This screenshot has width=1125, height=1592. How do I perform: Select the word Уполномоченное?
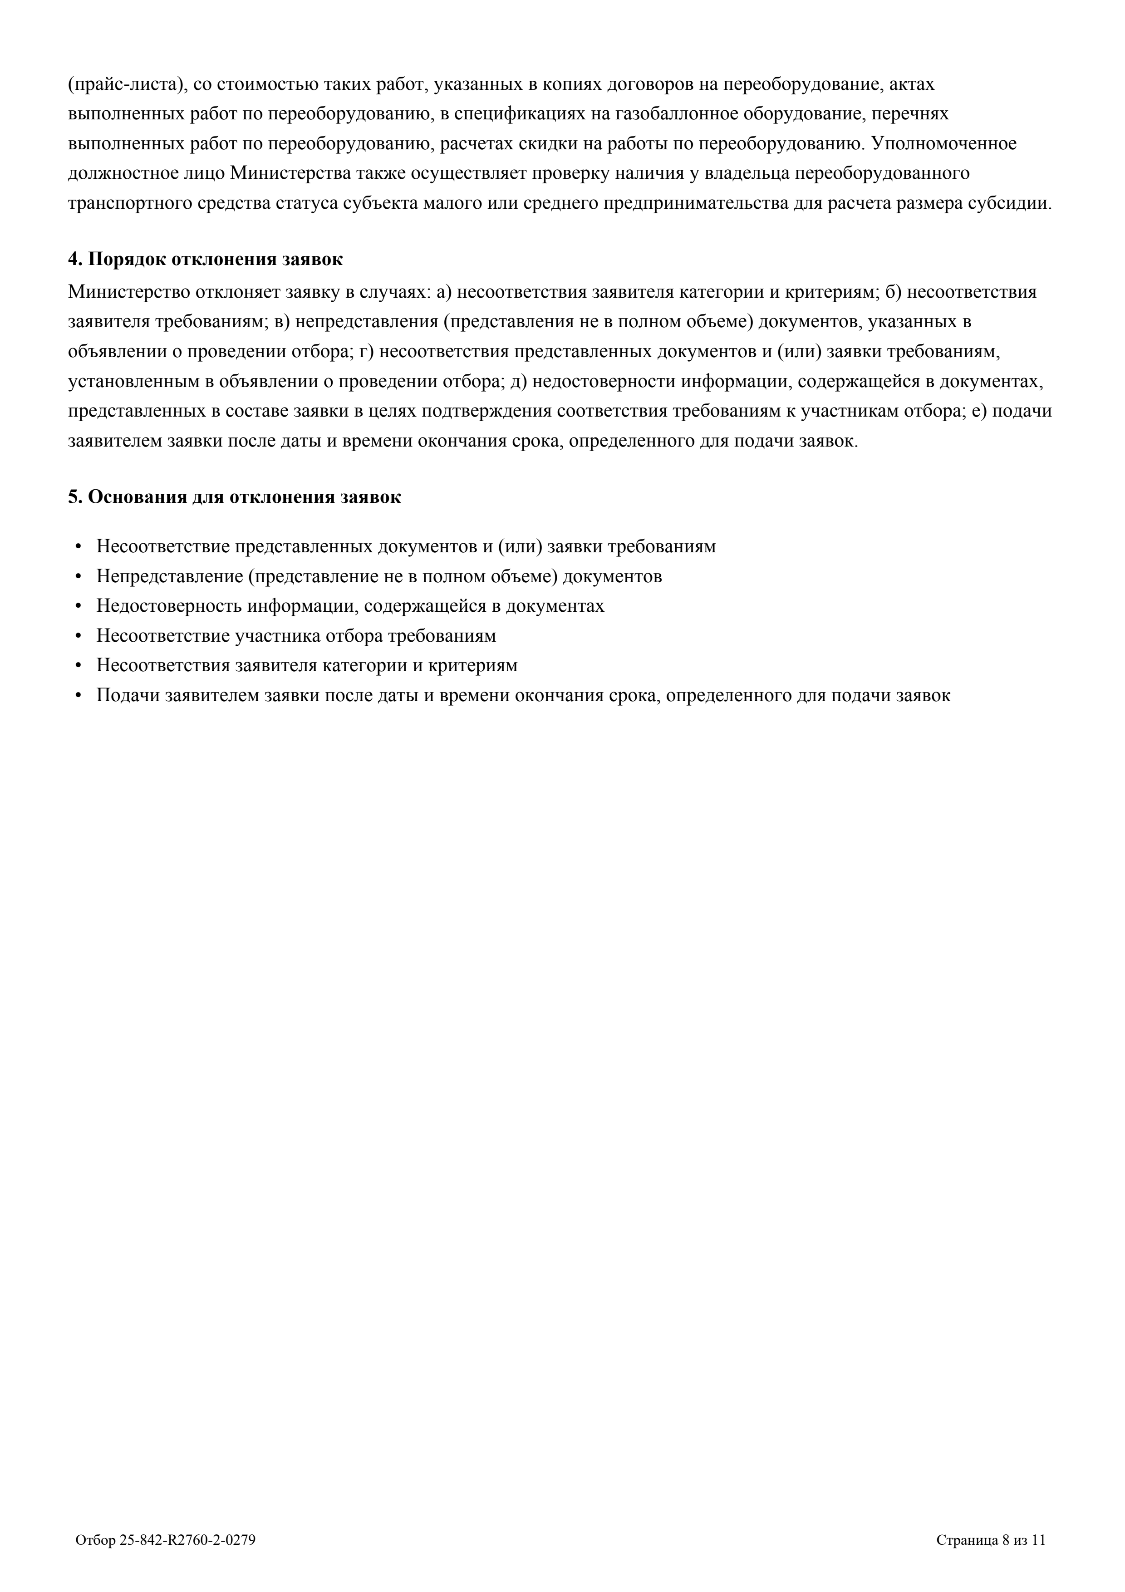coord(943,143)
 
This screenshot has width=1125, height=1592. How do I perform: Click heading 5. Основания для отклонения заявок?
coord(234,497)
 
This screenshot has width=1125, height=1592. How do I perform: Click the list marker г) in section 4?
coord(367,352)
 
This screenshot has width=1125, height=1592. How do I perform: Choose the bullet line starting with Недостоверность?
coord(350,606)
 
